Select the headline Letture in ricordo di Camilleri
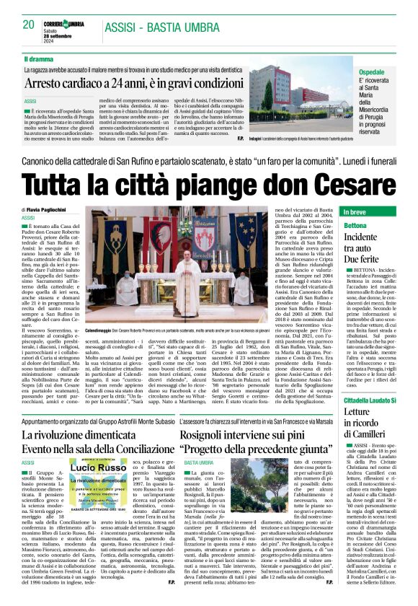click(x=368, y=423)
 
